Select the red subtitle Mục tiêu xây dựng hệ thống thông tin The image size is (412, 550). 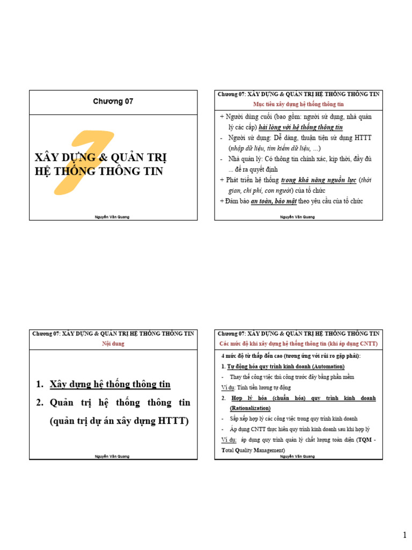[298, 103]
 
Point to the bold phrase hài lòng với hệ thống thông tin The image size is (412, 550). [300, 127]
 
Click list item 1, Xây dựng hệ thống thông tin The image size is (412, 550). [110, 384]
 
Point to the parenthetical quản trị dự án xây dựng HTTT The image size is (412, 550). [119, 421]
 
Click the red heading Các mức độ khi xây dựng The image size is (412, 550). [298, 343]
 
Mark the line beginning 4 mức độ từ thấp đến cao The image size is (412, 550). [291, 356]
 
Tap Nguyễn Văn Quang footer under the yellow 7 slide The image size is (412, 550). [113, 217]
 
